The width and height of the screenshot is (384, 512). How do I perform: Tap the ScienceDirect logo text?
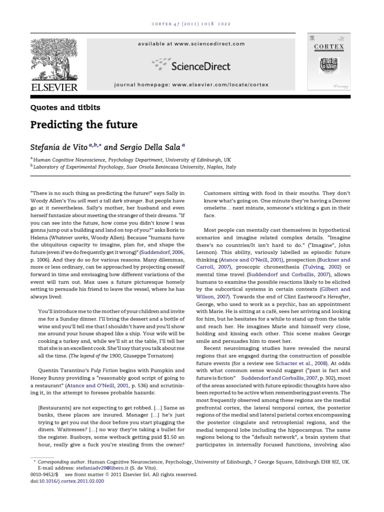pos(205,65)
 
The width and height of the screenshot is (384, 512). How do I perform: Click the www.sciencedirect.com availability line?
pos(191,44)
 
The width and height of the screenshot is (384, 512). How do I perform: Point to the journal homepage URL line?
pos(192,85)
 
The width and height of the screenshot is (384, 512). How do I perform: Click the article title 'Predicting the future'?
pos(82,124)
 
